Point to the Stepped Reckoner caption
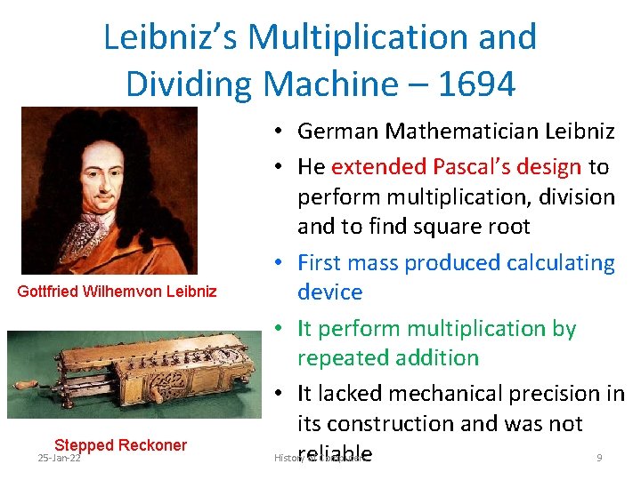[120, 445]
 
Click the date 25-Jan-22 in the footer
[59, 458]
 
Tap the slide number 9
[599, 458]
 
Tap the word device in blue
[329, 292]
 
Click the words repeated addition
[388, 358]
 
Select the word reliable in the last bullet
[335, 454]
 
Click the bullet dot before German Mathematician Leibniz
[280, 132]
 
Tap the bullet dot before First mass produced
[280, 263]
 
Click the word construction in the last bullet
[402, 424]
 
